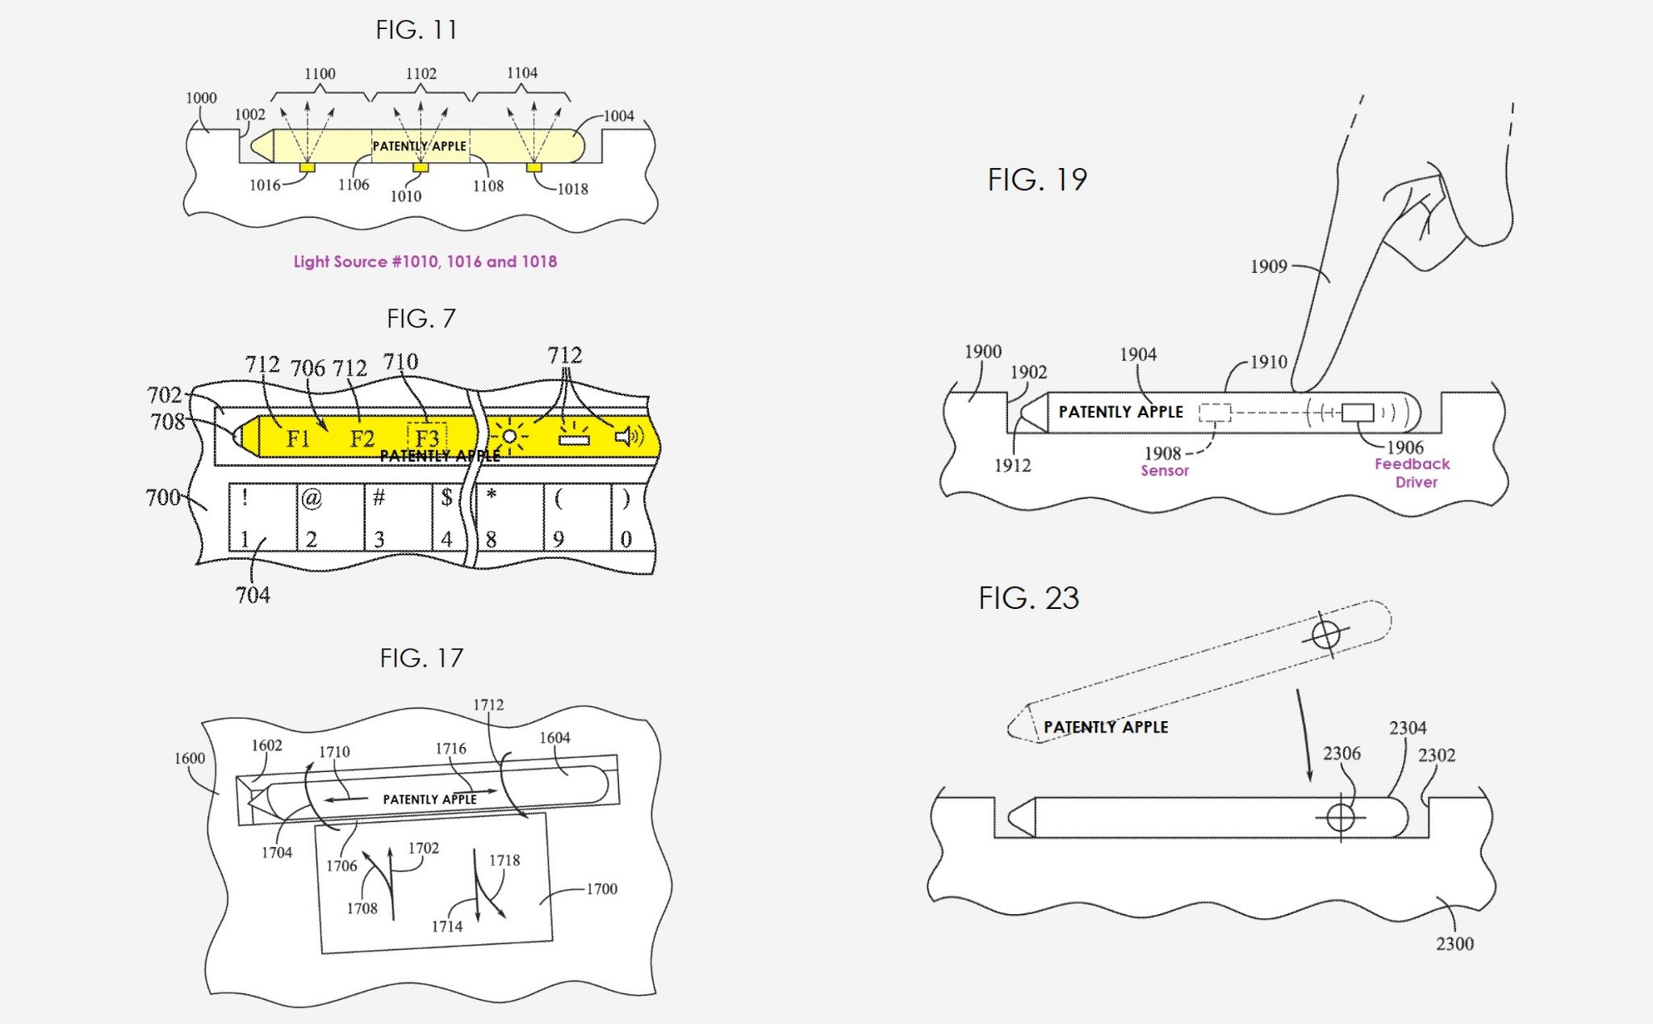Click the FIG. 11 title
click(416, 30)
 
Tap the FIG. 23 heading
click(1027, 598)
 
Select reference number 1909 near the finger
click(1268, 266)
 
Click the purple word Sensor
click(1164, 471)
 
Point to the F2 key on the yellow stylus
click(362, 439)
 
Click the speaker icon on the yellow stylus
click(628, 437)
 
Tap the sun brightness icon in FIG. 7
click(509, 437)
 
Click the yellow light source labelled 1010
click(421, 167)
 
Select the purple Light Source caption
click(425, 262)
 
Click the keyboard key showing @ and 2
click(330, 517)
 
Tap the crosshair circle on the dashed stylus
click(1325, 635)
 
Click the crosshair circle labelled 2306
click(1341, 817)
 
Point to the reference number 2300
click(1454, 943)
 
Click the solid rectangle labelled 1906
click(1357, 412)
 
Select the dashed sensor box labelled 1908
click(1214, 413)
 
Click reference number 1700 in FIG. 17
click(601, 889)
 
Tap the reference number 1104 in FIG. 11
click(522, 73)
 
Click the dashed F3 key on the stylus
click(427, 438)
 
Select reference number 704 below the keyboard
click(253, 595)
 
